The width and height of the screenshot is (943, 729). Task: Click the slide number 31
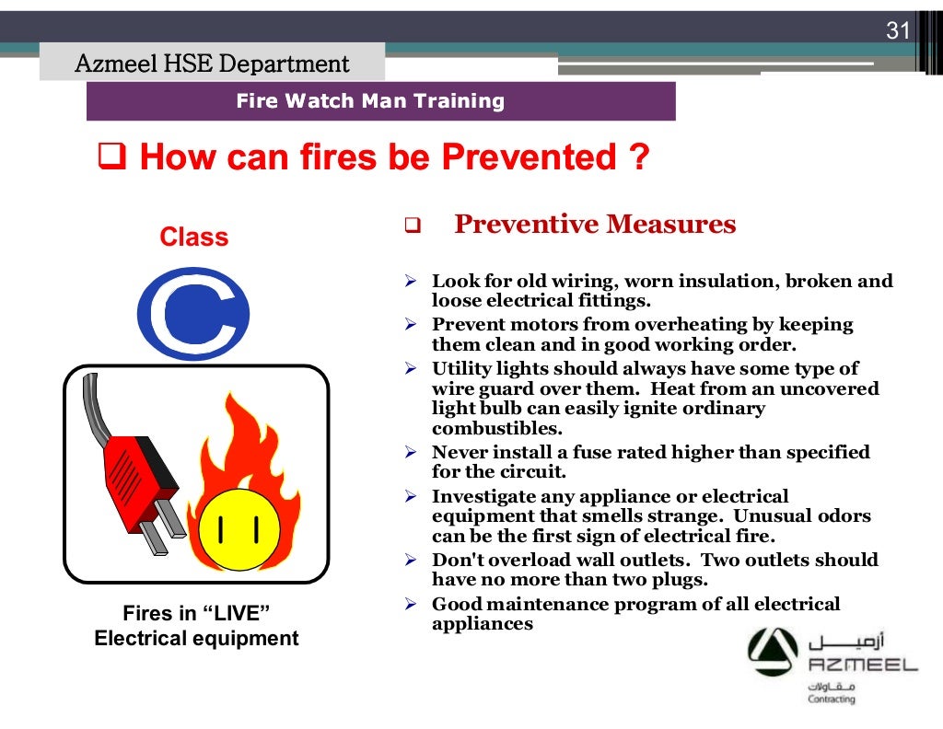pos(897,30)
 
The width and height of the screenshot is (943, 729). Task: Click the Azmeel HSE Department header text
pos(212,64)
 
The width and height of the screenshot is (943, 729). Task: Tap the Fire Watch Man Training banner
pos(371,101)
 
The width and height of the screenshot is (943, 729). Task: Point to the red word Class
pos(193,237)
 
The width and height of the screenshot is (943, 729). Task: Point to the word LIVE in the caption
pos(238,614)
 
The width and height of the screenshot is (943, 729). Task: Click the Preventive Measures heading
pos(594,225)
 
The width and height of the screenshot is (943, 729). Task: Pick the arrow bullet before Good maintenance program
pos(412,605)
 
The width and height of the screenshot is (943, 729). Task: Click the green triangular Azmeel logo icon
pos(773,653)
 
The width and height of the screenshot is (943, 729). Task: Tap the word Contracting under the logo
pos(831,699)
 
